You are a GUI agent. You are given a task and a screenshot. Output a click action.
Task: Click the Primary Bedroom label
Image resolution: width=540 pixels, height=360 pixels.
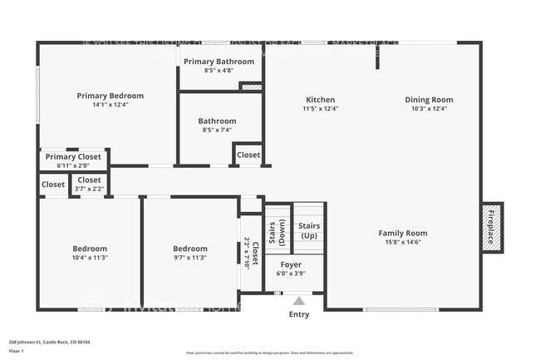(110, 96)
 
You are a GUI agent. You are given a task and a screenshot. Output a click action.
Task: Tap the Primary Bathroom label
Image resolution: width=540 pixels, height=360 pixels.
(218, 62)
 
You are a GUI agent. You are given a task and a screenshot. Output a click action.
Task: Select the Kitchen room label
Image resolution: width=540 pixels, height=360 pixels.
(320, 100)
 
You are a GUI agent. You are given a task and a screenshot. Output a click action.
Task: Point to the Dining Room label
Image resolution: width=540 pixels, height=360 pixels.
(429, 100)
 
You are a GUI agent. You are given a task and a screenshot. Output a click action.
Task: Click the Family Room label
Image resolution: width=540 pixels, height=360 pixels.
(403, 233)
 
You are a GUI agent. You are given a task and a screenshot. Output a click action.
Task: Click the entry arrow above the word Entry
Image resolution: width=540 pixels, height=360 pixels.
(298, 301)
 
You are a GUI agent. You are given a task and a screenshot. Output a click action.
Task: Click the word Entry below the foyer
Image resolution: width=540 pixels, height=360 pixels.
(298, 314)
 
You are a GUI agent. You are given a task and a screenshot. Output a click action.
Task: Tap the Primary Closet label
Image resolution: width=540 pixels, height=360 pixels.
(73, 156)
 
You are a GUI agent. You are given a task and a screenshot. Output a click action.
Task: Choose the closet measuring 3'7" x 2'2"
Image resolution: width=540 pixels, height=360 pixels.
(89, 184)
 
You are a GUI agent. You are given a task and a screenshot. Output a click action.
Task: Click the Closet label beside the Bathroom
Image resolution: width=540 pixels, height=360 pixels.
(248, 155)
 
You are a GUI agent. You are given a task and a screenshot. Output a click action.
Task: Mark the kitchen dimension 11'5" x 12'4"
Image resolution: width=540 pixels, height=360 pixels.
(320, 109)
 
